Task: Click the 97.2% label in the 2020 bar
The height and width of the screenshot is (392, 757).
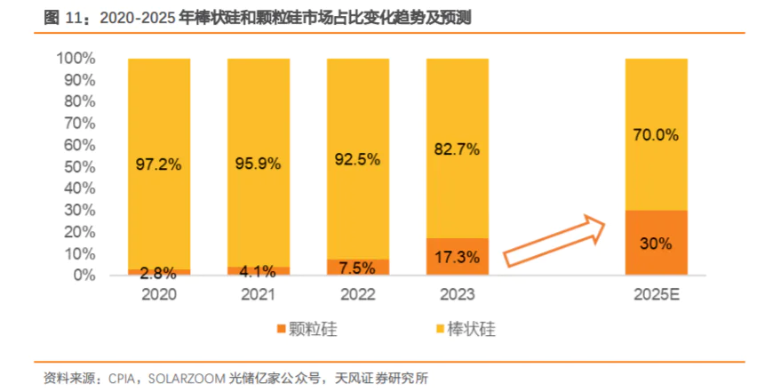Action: [x=159, y=164]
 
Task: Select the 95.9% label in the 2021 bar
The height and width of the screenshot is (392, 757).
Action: [x=258, y=164]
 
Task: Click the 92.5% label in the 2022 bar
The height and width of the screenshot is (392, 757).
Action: [x=357, y=160]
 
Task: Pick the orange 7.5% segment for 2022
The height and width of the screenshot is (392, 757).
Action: [x=357, y=267]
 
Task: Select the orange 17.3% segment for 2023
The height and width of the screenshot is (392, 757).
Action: [x=457, y=257]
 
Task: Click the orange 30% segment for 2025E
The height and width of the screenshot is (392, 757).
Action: [x=656, y=243]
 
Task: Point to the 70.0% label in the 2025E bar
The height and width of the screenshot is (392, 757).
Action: [x=656, y=135]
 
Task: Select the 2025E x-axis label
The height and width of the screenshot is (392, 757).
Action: [x=656, y=294]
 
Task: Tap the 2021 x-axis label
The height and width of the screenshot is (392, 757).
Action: [x=258, y=294]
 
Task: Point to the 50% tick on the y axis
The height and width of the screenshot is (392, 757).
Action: [x=79, y=167]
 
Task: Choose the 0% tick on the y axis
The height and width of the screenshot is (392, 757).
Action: [x=83, y=276]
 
